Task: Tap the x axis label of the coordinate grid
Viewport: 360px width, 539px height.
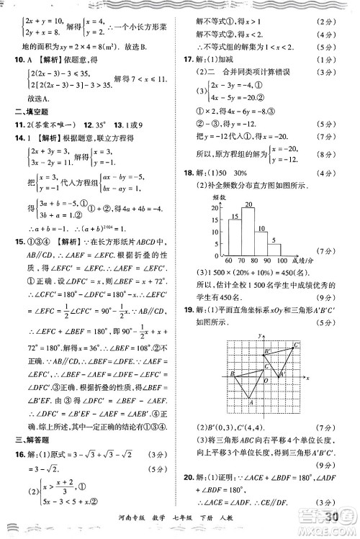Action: (x=307, y=377)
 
